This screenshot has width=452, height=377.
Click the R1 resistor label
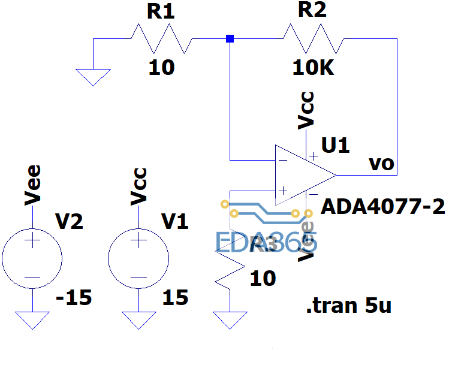[x=160, y=13]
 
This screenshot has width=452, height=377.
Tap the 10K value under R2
[x=313, y=68]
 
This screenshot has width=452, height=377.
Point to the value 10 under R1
[x=161, y=68]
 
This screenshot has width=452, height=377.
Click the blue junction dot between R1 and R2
[x=230, y=39]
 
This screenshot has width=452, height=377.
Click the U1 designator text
[x=335, y=146]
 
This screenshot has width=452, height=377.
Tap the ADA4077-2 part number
[x=384, y=207]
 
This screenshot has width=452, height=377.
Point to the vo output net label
[x=382, y=164]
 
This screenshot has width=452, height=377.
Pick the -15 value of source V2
[x=74, y=298]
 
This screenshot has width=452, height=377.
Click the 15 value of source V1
[x=174, y=298]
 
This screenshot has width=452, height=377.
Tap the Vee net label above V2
[x=33, y=185]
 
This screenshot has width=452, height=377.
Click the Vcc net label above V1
[x=139, y=186]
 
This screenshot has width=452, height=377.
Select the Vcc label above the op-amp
[x=306, y=110]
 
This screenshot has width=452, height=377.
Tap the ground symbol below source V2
[x=32, y=320]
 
